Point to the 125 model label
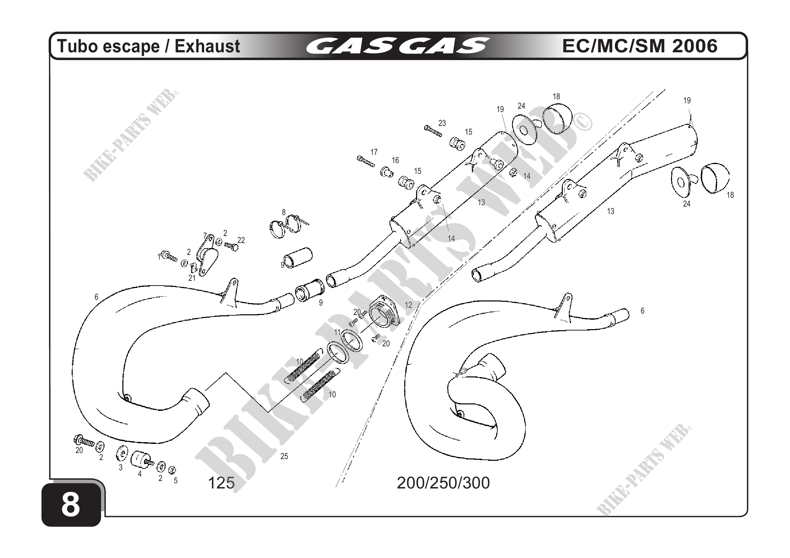tap(221, 483)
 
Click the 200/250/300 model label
tap(443, 483)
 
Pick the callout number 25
tap(284, 456)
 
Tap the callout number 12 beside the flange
tap(408, 305)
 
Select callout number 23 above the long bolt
tap(442, 123)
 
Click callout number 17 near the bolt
tap(374, 152)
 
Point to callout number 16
tap(396, 160)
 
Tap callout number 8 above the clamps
tap(284, 212)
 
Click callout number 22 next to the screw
tap(241, 240)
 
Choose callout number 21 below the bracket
tap(192, 278)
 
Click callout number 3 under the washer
tap(120, 468)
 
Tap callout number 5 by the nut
tap(175, 481)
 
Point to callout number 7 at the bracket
tap(205, 236)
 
